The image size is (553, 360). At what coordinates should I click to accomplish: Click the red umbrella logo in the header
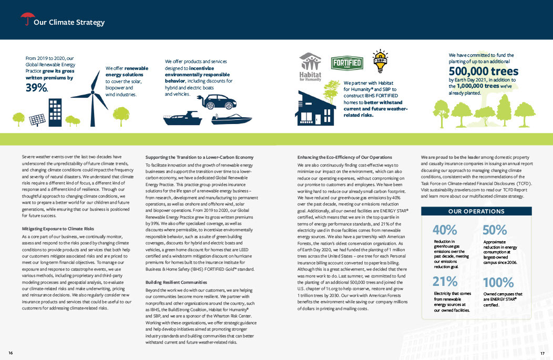26,19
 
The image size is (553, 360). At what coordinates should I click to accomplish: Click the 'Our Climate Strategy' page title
69,23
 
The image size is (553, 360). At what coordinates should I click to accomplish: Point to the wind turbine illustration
95,98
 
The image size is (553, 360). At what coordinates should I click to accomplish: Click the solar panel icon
37,120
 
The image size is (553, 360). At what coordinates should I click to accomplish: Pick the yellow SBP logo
381,60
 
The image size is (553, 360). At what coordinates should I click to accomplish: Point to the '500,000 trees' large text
484,71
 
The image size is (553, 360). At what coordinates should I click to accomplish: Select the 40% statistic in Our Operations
445,230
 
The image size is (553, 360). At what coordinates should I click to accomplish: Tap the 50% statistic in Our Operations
494,230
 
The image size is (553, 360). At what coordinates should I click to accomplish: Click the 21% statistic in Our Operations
445,281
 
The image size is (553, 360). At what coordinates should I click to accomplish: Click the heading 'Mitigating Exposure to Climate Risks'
58,229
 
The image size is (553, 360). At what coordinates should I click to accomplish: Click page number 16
11,352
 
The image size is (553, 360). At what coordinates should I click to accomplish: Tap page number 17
542,352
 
